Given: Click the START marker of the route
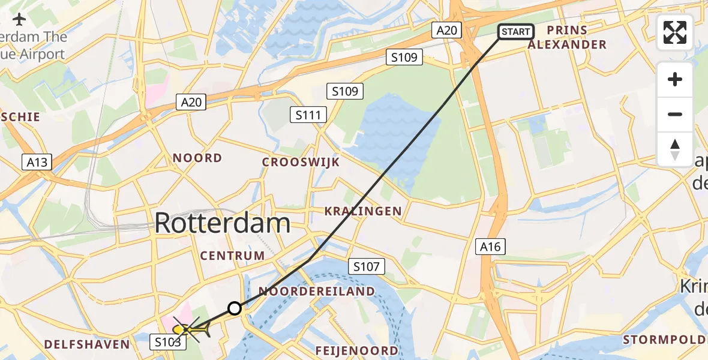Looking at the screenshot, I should [x=515, y=32].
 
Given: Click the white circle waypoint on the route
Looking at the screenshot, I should [x=235, y=308].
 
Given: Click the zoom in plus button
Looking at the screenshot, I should [x=675, y=79].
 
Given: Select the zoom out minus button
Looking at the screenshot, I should [x=675, y=114].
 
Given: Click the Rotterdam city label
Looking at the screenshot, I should [x=223, y=223].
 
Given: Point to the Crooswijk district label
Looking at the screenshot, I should [x=301, y=162].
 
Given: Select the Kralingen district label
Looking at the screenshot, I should [x=363, y=211].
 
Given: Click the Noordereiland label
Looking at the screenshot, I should [x=317, y=292].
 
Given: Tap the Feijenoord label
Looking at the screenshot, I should [x=357, y=350].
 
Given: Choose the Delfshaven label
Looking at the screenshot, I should [x=87, y=344].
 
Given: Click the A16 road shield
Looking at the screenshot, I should [x=491, y=246].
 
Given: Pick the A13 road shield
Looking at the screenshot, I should [x=37, y=161].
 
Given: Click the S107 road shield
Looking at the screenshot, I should [x=366, y=266].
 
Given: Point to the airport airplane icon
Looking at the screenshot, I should [x=19, y=19].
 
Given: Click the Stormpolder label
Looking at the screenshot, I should [x=665, y=340].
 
